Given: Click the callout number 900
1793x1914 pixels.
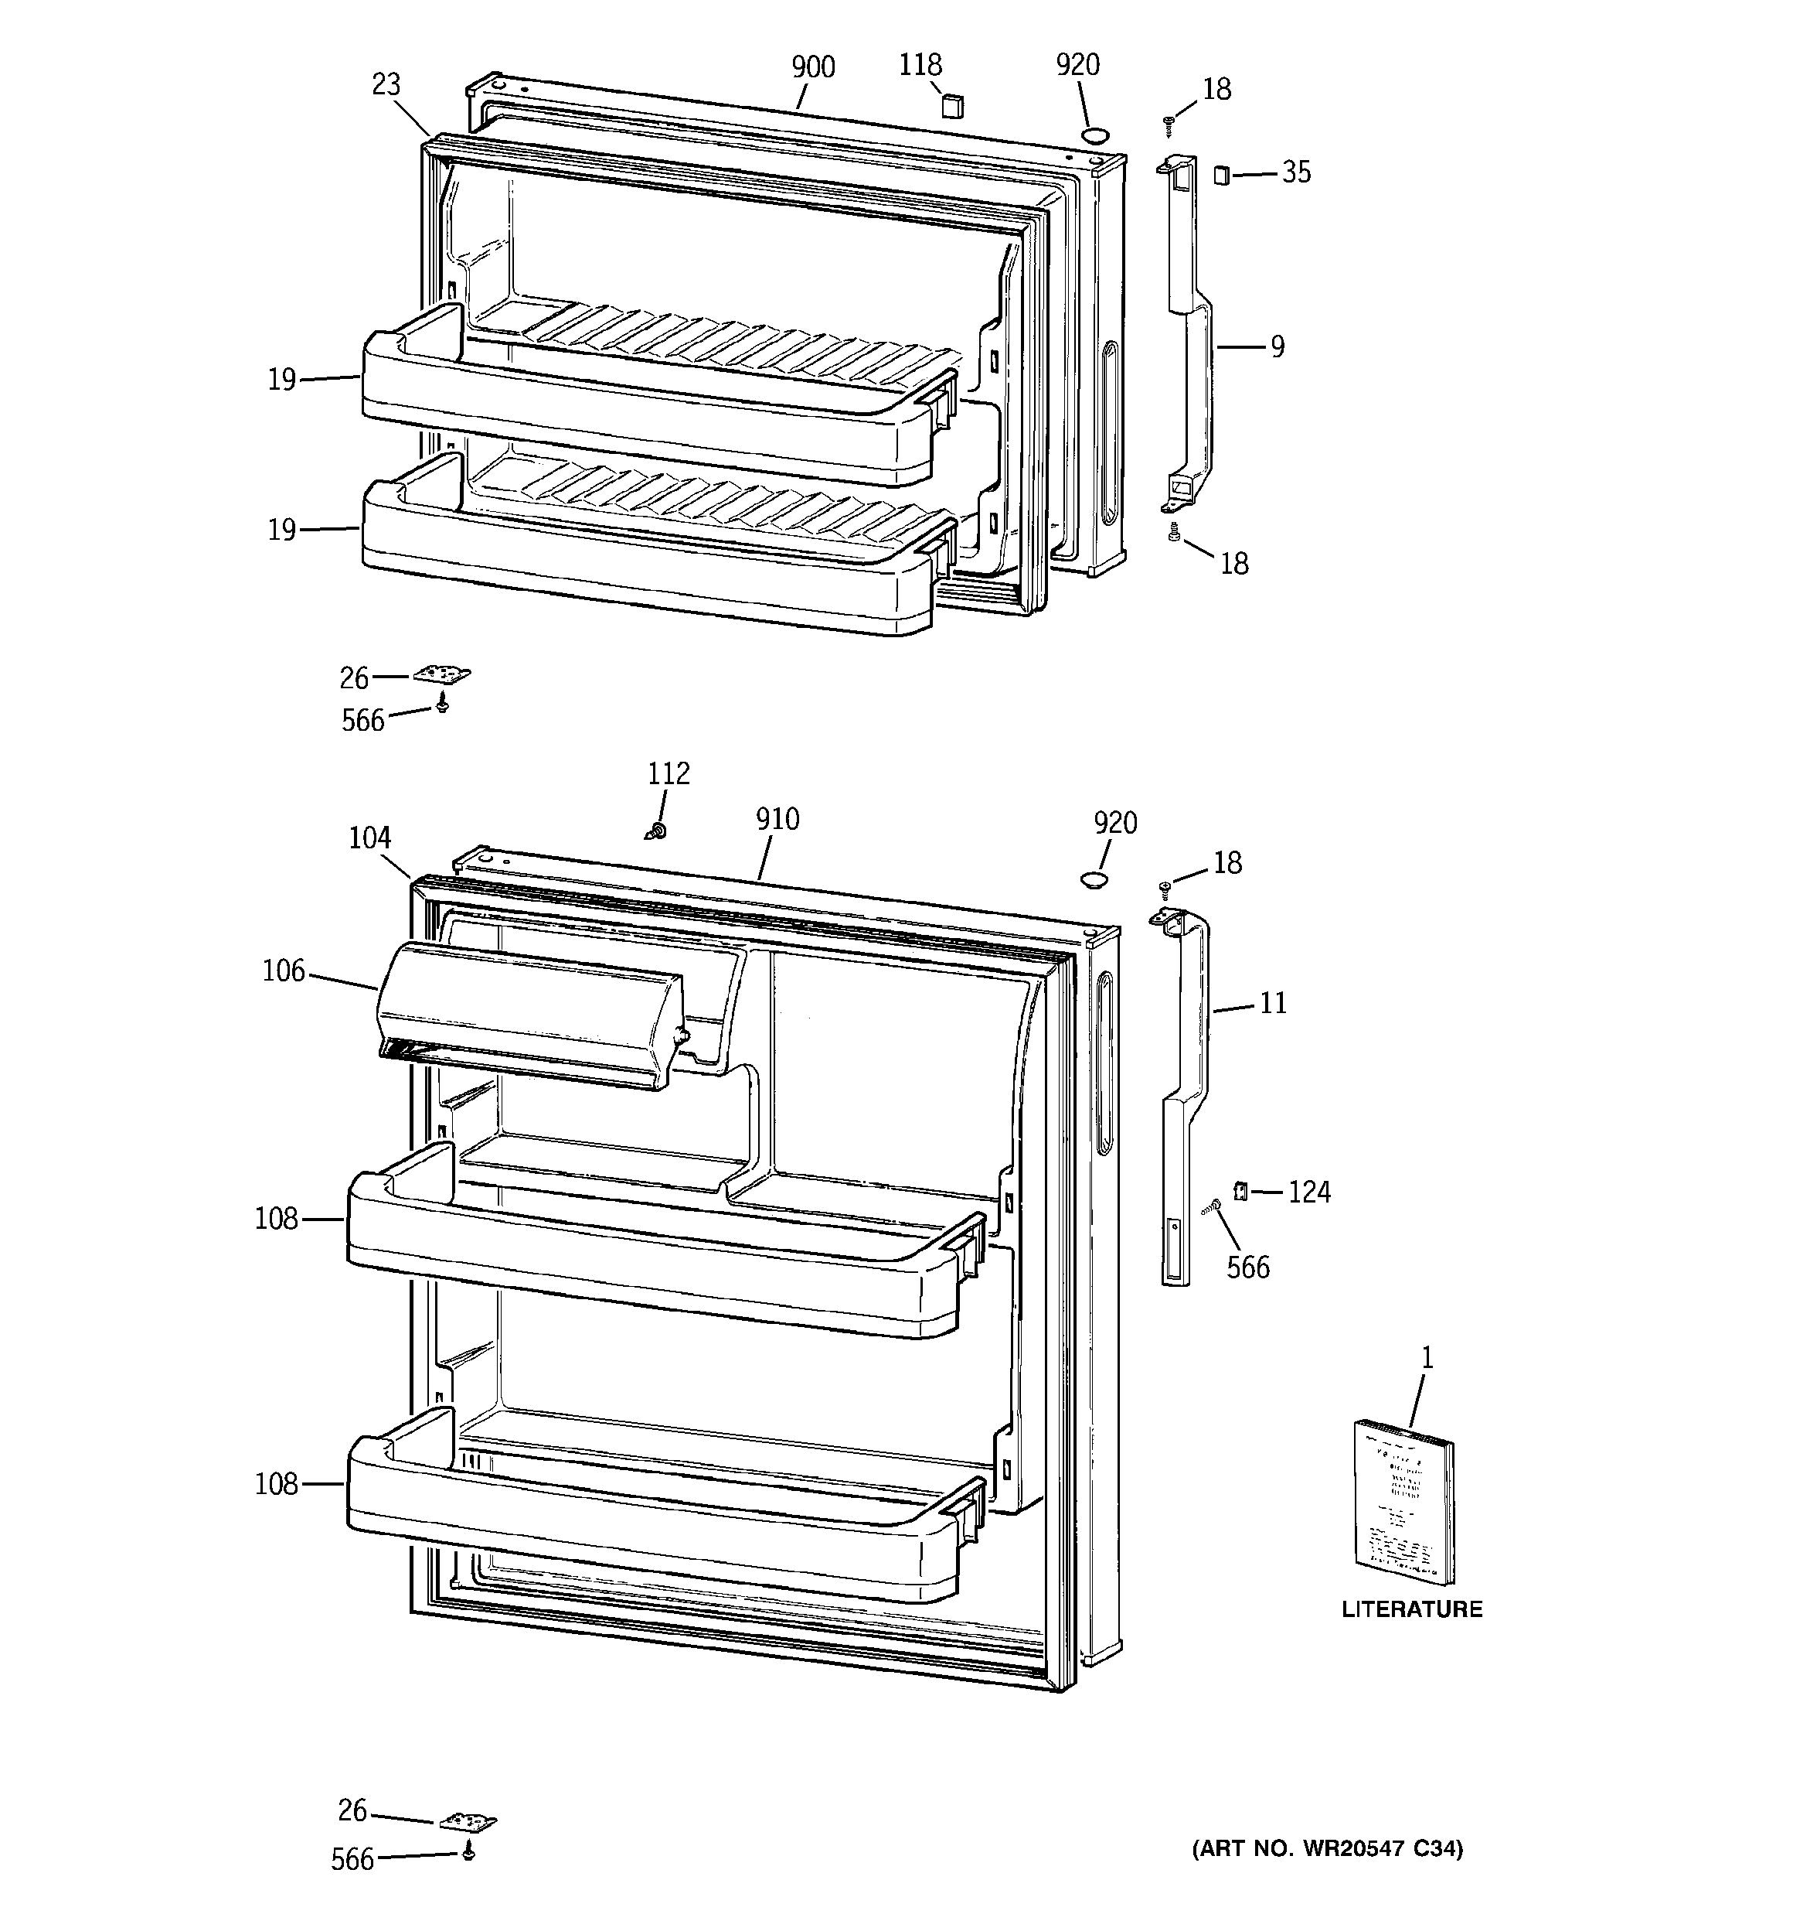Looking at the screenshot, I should pyautogui.click(x=812, y=67).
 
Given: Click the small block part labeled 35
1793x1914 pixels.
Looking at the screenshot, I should pyautogui.click(x=1221, y=176).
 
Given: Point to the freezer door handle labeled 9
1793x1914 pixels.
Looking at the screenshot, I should pyautogui.click(x=1192, y=337).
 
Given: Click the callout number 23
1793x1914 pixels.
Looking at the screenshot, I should pyautogui.click(x=386, y=85).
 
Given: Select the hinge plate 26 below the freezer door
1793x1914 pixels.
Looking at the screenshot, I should pyautogui.click(x=443, y=675).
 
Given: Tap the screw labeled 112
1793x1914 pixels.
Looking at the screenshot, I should pyautogui.click(x=658, y=829).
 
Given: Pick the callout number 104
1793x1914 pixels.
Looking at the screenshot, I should pyautogui.click(x=369, y=838).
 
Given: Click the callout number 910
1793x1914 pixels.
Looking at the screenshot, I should pyautogui.click(x=777, y=819).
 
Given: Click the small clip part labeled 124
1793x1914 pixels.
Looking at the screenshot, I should pyautogui.click(x=1240, y=1192).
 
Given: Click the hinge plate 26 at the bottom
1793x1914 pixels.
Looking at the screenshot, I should pyautogui.click(x=468, y=1821).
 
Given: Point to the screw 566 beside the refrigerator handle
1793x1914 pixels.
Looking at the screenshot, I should pyautogui.click(x=1212, y=1206).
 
